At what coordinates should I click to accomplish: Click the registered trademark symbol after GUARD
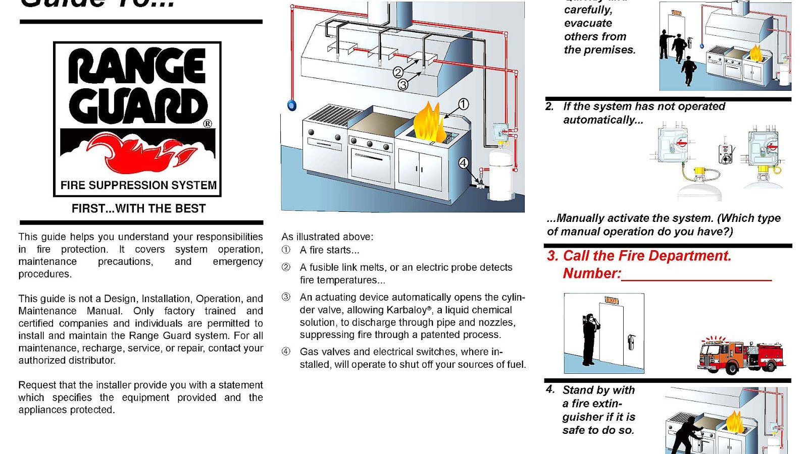tap(208, 124)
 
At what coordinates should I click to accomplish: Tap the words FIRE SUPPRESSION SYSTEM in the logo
tap(138, 185)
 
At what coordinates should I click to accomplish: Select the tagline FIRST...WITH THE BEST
tap(138, 208)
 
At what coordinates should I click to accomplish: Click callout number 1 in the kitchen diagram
tap(463, 104)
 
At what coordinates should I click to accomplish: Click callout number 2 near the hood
tap(398, 73)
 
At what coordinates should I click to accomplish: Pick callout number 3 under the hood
tap(402, 85)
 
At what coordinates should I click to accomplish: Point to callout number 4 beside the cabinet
tap(463, 162)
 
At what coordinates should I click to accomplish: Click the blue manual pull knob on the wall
tap(292, 105)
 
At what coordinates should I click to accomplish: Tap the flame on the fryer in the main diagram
tap(429, 123)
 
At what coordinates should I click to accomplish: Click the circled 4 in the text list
tap(286, 352)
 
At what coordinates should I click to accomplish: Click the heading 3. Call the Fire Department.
tap(639, 256)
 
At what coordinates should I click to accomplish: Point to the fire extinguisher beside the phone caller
tap(631, 342)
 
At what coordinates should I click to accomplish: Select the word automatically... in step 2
tap(603, 120)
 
